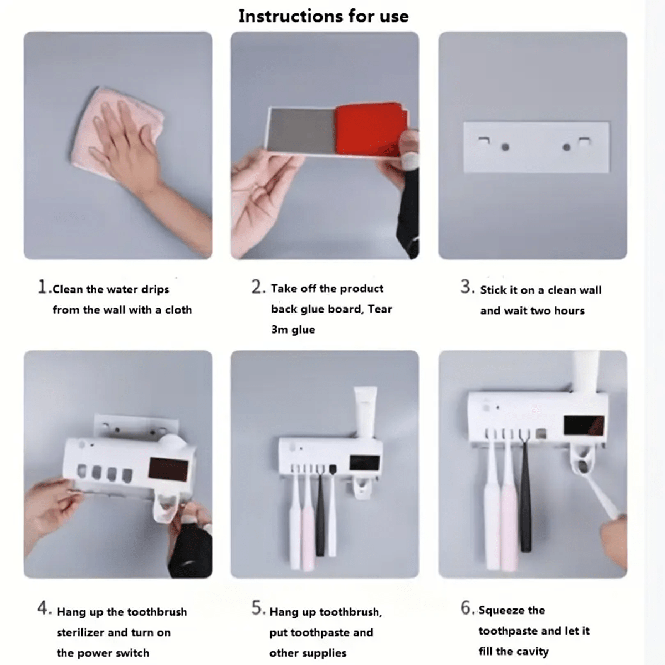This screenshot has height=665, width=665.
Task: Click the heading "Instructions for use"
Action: pyautogui.click(x=323, y=16)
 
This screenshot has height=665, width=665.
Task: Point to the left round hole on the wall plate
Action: pyautogui.click(x=505, y=147)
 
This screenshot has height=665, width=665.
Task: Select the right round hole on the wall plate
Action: pyautogui.click(x=566, y=147)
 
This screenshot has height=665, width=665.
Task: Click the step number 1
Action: pyautogui.click(x=43, y=287)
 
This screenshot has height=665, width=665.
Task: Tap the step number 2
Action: pyautogui.click(x=258, y=287)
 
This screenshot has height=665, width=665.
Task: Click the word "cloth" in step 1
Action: pyautogui.click(x=178, y=310)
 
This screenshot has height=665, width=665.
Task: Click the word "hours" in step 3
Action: pyautogui.click(x=570, y=310)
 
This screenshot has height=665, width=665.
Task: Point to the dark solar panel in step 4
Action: pyautogui.click(x=168, y=472)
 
